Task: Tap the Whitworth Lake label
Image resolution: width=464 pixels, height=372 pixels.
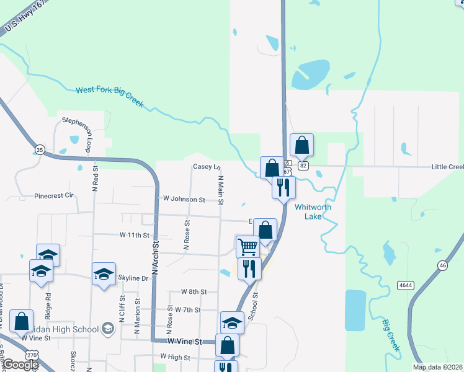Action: (313, 211)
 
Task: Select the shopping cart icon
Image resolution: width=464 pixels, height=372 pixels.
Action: (248, 246)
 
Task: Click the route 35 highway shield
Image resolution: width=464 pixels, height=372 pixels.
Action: (40, 149)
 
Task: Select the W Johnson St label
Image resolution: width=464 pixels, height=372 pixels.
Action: (183, 200)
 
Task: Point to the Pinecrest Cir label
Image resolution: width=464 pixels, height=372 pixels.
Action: (54, 195)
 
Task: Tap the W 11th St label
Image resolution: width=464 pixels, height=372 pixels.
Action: (135, 236)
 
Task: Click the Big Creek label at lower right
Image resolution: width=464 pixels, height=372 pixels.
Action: (391, 335)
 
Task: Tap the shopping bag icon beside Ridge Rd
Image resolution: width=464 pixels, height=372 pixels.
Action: (21, 321)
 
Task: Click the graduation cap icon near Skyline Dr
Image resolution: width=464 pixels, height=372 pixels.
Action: (104, 273)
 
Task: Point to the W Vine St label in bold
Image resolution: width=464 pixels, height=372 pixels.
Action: (184, 342)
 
